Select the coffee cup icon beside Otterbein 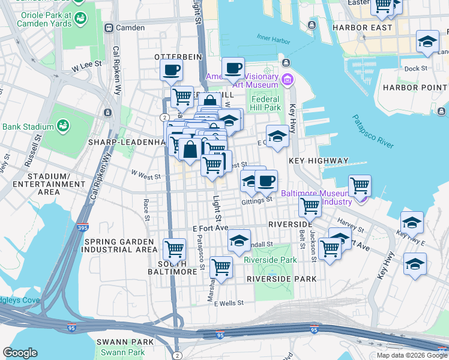[171, 70]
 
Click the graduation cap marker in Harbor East [427, 43]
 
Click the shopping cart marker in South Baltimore [174, 248]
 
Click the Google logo [20, 353]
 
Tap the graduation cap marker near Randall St [239, 241]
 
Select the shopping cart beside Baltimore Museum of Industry [360, 185]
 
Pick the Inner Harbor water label [273, 40]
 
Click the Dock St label [415, 68]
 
